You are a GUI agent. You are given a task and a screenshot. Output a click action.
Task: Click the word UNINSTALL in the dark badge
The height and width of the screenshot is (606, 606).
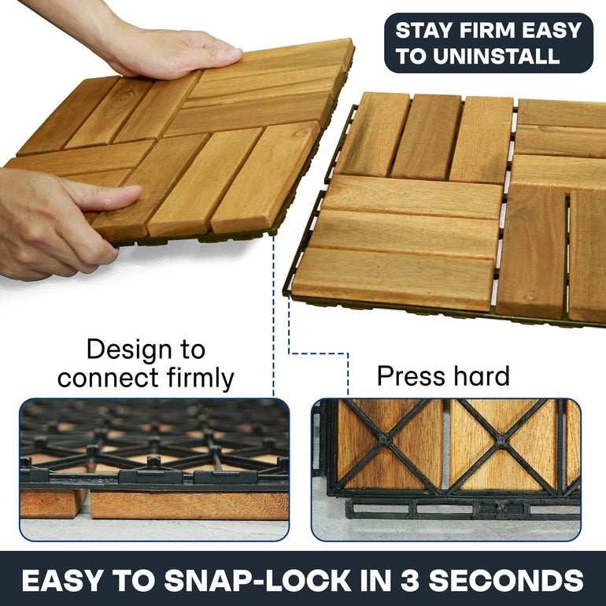pos(496,57)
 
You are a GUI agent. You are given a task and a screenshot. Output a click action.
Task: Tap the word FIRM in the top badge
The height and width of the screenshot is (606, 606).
pos(486,31)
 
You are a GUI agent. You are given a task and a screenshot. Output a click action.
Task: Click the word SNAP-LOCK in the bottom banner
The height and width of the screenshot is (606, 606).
pos(258,580)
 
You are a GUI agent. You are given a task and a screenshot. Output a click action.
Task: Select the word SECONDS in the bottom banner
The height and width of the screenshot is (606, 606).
pos(506,580)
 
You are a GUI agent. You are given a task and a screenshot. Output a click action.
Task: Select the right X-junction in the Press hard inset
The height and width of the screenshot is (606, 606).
pos(501,439)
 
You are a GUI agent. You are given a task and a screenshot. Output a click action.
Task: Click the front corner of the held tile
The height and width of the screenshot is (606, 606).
pos(273,232)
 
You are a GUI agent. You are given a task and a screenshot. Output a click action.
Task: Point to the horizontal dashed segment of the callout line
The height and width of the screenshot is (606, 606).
pos(318,353)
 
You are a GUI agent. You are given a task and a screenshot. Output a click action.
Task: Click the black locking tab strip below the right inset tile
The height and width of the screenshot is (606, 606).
pos(462,508)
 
